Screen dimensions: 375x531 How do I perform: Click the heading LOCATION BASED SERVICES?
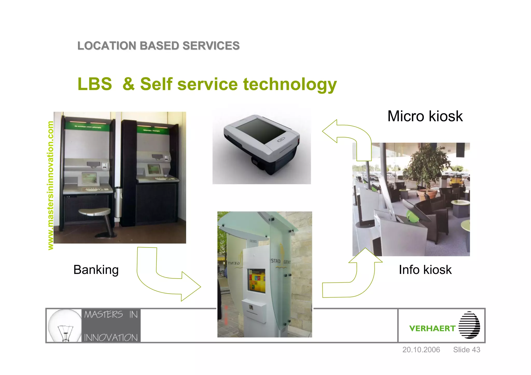tap(158, 46)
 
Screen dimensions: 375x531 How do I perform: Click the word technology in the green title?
tap(290, 84)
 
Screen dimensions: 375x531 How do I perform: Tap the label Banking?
tap(96, 270)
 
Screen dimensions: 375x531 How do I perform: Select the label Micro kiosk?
tap(425, 116)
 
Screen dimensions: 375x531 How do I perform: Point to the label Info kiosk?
tap(425, 270)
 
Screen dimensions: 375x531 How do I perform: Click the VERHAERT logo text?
tap(432, 328)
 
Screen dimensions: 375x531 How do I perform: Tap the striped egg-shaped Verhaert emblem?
tap(469, 325)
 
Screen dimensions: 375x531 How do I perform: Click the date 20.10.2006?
tap(421, 350)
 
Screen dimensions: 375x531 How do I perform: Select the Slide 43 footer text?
tap(466, 350)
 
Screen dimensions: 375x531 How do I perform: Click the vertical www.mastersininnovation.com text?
tap(50, 185)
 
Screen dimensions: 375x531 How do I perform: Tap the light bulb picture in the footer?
tap(65, 325)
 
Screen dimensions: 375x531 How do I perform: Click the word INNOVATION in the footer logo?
tap(111, 337)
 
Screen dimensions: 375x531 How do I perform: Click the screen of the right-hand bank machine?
tap(154, 169)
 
